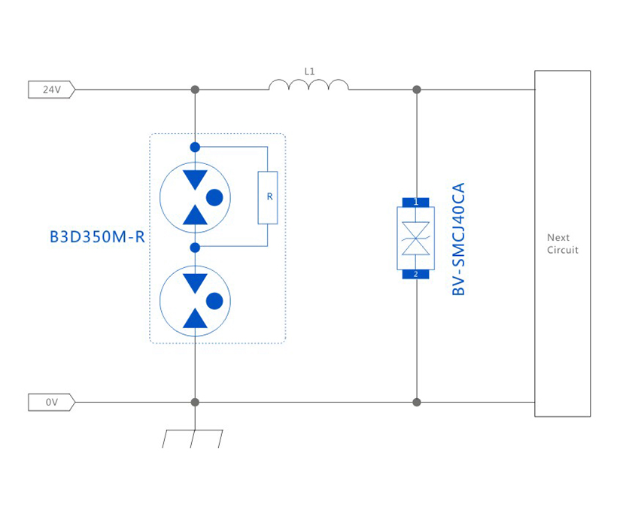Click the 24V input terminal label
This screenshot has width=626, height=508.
click(51, 90)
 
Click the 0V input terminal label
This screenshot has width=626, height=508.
click(51, 403)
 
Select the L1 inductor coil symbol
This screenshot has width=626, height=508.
click(308, 85)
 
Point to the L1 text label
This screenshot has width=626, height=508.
click(309, 71)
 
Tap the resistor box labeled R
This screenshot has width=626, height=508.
click(268, 197)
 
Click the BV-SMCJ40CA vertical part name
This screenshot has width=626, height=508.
click(459, 238)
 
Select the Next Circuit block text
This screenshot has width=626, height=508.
click(562, 244)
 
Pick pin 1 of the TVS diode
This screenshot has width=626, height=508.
click(415, 202)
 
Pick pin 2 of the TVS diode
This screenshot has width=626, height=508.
click(415, 274)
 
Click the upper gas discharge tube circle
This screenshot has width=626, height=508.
click(195, 197)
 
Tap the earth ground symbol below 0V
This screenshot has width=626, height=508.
click(194, 437)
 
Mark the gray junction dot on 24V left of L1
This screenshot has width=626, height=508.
click(195, 90)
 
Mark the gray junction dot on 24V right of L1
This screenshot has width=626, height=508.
click(417, 90)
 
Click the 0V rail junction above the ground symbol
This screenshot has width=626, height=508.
click(195, 403)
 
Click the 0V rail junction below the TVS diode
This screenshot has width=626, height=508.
click(417, 403)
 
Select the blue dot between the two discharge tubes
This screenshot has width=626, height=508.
click(195, 247)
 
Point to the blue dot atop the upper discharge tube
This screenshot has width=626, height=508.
click(195, 147)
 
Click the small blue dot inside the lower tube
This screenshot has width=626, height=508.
click(214, 301)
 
